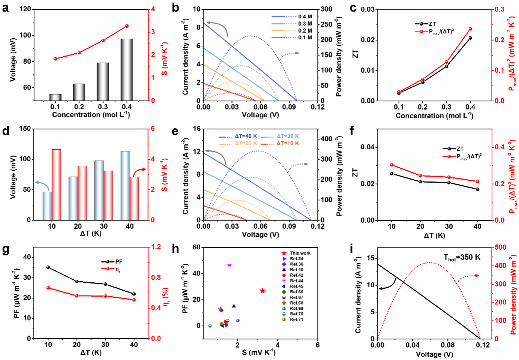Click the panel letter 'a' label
[x=5, y=7]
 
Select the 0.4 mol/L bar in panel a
[x=126, y=69]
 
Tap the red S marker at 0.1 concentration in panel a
[x=55, y=59]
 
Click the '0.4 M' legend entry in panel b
[x=305, y=16]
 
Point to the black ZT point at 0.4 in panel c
[x=470, y=38]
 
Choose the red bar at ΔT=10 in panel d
[x=56, y=184]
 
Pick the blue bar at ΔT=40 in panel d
[x=125, y=186]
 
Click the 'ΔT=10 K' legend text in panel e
[x=288, y=143]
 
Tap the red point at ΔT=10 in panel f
[x=392, y=165]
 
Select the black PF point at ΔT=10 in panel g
[x=48, y=267]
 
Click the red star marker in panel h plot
[x=262, y=291]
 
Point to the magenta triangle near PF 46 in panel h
[x=229, y=266]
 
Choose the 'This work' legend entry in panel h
[x=300, y=253]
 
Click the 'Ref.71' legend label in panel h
[x=296, y=319]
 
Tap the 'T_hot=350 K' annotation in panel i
[x=462, y=258]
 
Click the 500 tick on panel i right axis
[x=500, y=247]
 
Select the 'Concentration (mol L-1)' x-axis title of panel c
[x=434, y=115]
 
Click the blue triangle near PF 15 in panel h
[x=234, y=306]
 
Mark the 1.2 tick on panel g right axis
[x=156, y=247]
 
